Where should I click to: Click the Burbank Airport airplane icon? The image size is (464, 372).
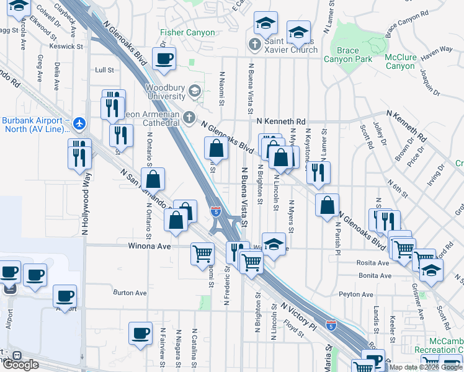tap(79, 123)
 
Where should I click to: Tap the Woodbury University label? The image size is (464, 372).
tap(166, 92)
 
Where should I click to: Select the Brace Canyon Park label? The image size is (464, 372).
tap(347, 55)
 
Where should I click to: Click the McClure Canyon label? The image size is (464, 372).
tap(399, 61)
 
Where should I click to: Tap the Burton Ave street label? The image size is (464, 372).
tap(130, 293)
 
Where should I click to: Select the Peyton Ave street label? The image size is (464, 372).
tap(355, 294)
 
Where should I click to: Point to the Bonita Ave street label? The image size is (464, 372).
tap(375, 275)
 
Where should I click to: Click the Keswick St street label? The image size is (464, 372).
tap(66, 46)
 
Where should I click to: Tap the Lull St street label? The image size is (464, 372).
tap(104, 70)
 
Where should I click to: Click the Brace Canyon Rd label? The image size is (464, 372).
tap(407, 22)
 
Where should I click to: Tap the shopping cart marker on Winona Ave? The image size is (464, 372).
tap(202, 254)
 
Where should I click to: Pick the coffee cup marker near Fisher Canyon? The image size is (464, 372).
tap(164, 59)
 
